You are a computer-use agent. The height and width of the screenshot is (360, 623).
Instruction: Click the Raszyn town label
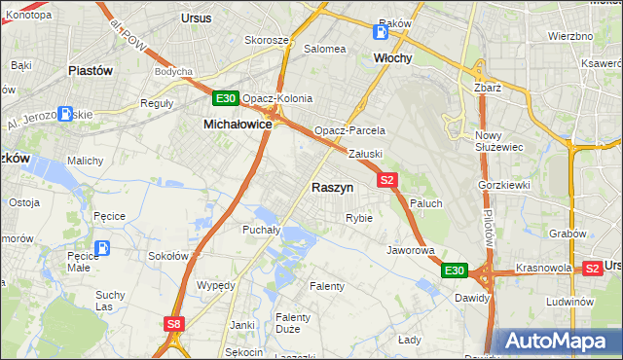332,187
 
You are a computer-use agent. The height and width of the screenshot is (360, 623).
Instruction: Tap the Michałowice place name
237,125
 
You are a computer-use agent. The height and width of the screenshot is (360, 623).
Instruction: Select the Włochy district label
393,58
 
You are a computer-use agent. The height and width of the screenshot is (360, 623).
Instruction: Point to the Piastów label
91,71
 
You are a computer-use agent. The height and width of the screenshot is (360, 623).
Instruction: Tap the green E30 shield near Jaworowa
455,270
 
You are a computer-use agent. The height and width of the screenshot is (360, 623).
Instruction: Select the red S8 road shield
173,325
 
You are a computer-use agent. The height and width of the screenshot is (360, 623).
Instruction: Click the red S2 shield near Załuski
387,180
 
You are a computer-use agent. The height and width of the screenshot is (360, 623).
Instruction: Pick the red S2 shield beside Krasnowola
592,268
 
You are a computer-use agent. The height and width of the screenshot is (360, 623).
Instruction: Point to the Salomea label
325,49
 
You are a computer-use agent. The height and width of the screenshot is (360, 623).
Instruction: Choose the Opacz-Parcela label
349,130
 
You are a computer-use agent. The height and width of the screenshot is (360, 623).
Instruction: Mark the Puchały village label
261,231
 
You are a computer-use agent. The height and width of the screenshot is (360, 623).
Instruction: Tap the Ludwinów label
570,302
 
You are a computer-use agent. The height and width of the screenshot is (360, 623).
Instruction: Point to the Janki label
242,324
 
